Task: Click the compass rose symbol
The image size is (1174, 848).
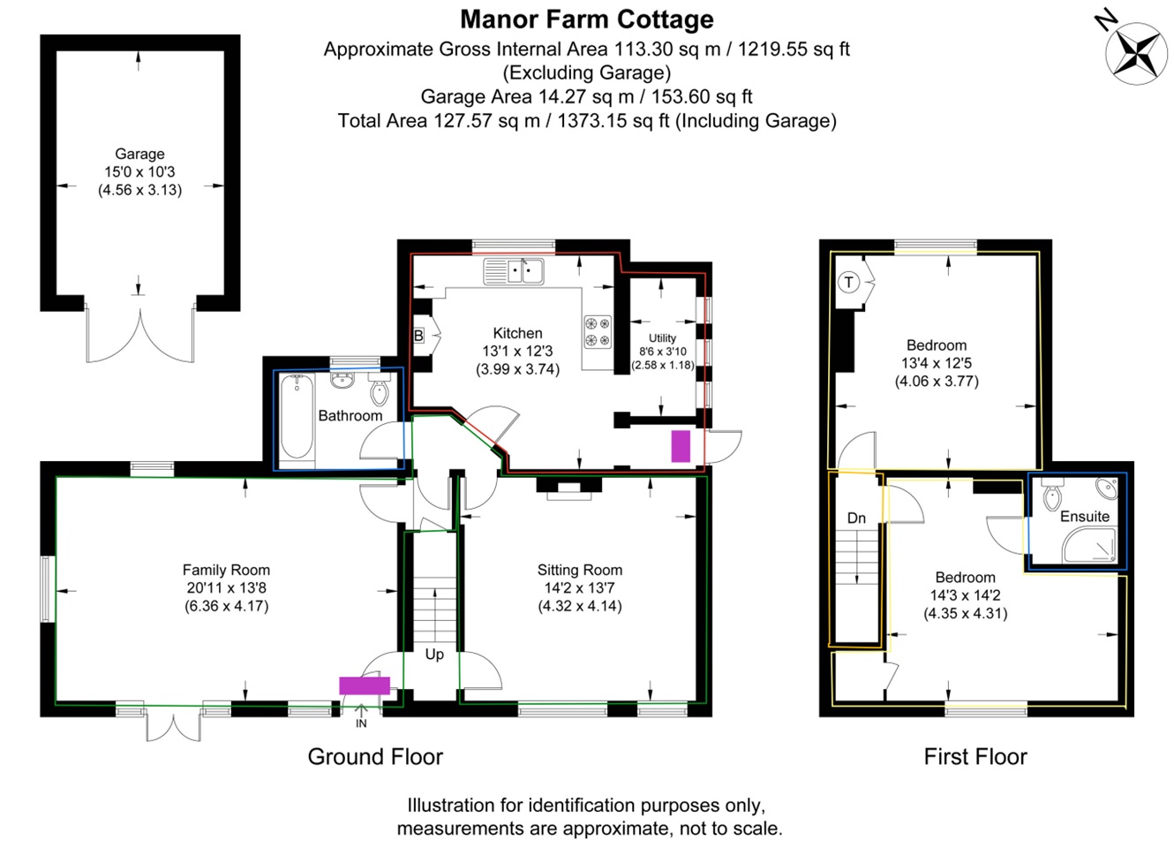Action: pos(1135,54)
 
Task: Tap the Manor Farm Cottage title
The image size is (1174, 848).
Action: pos(586,20)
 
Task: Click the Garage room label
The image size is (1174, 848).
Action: pos(139,154)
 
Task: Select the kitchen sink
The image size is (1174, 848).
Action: pos(513,272)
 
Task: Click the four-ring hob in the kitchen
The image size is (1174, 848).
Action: pos(598,332)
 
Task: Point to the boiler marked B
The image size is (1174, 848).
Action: pos(418,335)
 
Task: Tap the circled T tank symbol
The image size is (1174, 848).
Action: pos(848,283)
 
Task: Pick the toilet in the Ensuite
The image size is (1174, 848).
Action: pos(1052,494)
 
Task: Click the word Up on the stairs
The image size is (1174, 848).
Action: pos(434,654)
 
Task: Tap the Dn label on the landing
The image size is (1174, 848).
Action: pos(856,519)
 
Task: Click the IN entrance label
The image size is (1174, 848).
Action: pos(361,723)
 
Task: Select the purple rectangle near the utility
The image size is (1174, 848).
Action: pos(681,446)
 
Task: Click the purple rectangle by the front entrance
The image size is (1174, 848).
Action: pos(365,685)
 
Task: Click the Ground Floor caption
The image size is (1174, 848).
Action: pos(375,757)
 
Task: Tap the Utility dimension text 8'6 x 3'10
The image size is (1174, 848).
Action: pos(662,352)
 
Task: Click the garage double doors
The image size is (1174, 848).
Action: pos(140,336)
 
